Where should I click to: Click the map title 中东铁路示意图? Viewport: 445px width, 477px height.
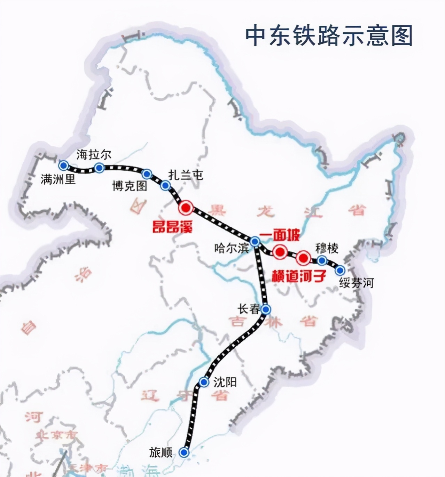(329, 35)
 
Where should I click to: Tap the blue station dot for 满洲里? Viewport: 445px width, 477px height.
(63, 165)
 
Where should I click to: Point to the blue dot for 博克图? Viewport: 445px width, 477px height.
(147, 174)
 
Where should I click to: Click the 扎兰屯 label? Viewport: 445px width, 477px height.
(186, 175)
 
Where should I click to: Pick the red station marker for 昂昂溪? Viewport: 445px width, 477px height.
(186, 208)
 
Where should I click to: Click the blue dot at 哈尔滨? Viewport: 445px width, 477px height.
(255, 241)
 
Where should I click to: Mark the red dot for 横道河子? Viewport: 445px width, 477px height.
(303, 258)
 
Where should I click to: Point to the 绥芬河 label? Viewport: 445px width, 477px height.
(356, 283)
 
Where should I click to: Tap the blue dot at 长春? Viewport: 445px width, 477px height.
(266, 309)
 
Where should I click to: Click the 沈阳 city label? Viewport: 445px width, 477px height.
(225, 382)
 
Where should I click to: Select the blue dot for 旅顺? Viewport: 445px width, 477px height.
(184, 452)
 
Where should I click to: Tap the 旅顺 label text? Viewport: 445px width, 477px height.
(161, 452)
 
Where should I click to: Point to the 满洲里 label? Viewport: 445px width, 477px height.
(58, 179)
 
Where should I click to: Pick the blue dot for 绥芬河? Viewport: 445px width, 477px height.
(340, 270)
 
